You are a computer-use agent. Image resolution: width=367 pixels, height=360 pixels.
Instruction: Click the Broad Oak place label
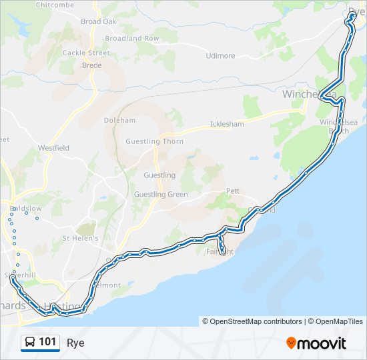[x=99, y=21]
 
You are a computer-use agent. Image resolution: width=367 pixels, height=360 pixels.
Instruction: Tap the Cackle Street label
[x=85, y=53]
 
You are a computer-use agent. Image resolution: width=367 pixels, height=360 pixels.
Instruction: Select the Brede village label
[x=91, y=65]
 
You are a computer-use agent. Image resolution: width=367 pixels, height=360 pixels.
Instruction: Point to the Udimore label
[x=221, y=56]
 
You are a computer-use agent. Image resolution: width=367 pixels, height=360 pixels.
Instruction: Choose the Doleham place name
[x=119, y=121]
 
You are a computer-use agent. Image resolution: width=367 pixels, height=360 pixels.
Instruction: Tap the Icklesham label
[x=227, y=124]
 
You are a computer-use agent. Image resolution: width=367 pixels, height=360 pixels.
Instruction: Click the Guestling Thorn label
[x=154, y=141]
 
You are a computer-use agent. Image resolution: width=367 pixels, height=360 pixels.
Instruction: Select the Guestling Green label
[x=161, y=195]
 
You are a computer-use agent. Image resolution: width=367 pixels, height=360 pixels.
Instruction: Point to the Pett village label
[x=233, y=191]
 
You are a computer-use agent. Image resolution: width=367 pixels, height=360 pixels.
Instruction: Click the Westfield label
[x=53, y=147]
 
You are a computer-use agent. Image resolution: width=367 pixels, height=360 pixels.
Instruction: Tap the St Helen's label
[x=80, y=238]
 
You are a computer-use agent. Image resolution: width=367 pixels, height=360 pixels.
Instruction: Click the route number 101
[x=47, y=342]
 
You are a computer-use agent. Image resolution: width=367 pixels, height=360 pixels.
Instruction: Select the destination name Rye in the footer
[x=75, y=343]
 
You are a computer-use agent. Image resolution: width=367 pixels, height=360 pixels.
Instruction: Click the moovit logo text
[x=322, y=343]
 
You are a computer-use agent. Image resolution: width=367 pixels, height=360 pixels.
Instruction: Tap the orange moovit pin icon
[x=291, y=343]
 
